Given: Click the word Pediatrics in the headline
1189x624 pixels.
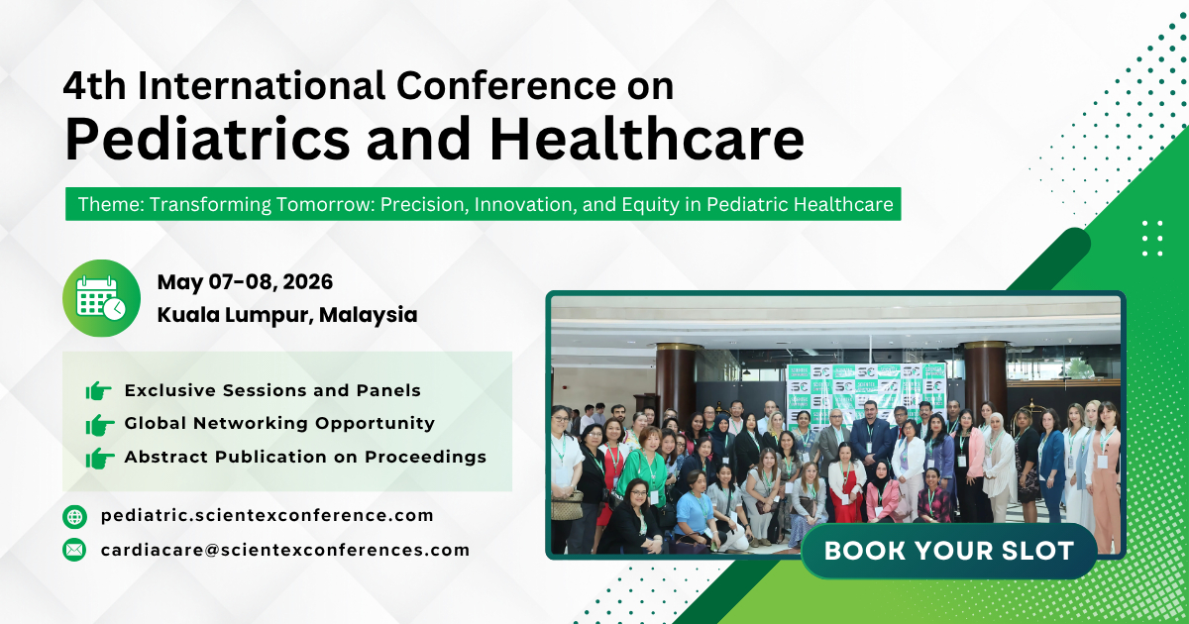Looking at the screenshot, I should point(207,140).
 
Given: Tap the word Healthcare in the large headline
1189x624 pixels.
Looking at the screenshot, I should point(646,140).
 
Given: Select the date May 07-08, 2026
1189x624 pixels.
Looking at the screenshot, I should point(245,282).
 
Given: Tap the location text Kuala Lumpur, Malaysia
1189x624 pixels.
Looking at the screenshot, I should point(286,315).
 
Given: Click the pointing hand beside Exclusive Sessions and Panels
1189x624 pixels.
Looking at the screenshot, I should point(99,391).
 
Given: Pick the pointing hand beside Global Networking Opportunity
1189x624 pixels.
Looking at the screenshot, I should point(99,425).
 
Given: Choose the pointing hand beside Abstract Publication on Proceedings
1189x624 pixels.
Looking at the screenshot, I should point(99,458).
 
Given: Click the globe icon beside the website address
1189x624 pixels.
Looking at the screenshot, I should point(74,516).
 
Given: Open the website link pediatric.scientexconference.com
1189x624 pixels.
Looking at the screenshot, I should point(267,516).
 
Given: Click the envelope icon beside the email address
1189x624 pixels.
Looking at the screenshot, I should point(74,550).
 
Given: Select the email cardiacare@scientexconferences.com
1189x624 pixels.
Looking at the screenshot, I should point(284,550).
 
